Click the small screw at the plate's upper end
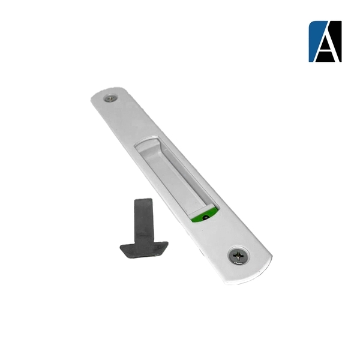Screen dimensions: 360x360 [x=111, y=98]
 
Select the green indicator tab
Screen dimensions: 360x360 [x=203, y=215]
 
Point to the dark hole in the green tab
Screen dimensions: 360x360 [x=206, y=216]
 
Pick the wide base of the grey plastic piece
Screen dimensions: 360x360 [x=144, y=250]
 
